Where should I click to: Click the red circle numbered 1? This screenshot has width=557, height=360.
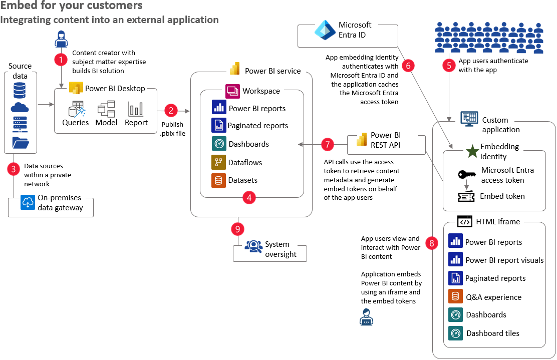pos(61,59)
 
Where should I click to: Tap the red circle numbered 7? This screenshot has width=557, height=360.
pos(328,145)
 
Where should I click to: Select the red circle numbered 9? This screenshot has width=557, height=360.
pos(238,229)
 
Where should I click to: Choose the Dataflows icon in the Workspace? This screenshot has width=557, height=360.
pos(218,162)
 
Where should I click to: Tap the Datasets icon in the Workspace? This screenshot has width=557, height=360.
pos(218,180)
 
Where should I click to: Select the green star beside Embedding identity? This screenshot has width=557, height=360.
pos(472,152)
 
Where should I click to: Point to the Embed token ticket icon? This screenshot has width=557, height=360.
pos(466,196)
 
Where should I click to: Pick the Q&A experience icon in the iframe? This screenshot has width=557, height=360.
pos(455,297)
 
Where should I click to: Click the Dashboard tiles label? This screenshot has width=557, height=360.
pos(492,333)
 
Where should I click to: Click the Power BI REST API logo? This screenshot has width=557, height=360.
pos(362,140)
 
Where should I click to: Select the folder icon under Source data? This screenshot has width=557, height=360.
pos(20,142)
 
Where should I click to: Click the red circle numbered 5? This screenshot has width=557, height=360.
pos(449,65)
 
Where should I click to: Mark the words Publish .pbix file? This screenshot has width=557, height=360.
pos(172,129)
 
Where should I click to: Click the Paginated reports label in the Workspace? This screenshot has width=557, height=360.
pos(258,126)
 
